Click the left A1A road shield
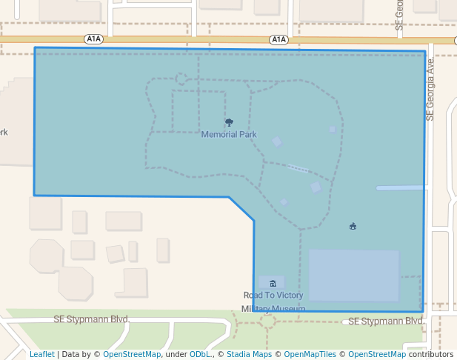click(93, 39)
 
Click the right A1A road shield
click(278, 39)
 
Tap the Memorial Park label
click(229, 135)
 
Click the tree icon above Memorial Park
click(229, 123)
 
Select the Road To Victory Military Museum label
click(273, 301)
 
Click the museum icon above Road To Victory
click(273, 283)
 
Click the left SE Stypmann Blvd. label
click(92, 319)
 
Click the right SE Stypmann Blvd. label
click(385, 321)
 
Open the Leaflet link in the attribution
click(42, 354)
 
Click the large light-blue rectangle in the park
click(353, 275)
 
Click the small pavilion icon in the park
click(353, 227)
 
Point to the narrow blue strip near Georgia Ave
click(400, 188)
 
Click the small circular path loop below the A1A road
click(181, 79)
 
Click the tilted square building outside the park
click(115, 254)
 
